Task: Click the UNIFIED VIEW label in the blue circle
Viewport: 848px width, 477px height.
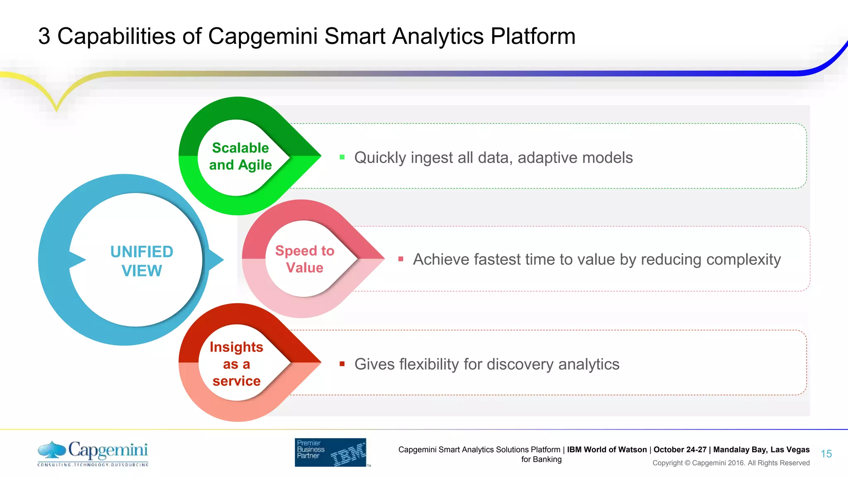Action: tap(142, 261)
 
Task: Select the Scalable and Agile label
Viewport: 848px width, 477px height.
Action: tap(240, 157)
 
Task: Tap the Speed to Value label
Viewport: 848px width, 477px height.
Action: tap(305, 259)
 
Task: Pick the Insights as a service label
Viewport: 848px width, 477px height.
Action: tap(236, 364)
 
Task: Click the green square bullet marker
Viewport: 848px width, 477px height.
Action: tap(342, 157)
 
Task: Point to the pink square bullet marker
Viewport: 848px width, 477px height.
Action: tap(400, 259)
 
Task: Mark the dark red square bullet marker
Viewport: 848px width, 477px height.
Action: tap(342, 364)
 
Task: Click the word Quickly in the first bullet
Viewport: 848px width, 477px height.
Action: tap(380, 158)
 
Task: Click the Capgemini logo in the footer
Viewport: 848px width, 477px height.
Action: tap(93, 453)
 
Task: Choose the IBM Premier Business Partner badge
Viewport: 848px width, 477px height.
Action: tap(330, 453)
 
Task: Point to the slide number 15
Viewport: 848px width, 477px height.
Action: tap(826, 454)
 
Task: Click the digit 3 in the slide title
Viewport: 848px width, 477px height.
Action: tap(44, 36)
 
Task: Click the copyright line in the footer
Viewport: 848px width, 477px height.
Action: tap(731, 463)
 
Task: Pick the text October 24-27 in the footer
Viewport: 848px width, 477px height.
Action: tap(680, 450)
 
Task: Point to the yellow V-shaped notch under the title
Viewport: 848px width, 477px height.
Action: tap(57, 104)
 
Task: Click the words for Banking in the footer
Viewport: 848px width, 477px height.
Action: tap(541, 459)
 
